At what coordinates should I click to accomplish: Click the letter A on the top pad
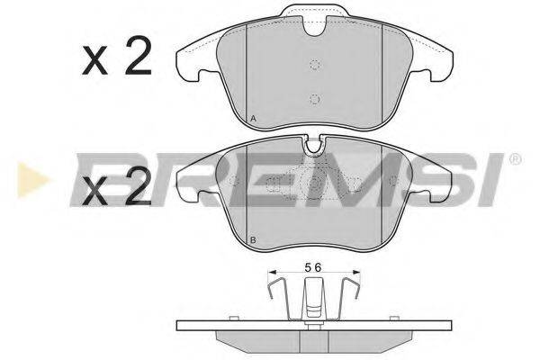(x=253, y=119)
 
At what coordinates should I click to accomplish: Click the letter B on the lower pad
(x=253, y=240)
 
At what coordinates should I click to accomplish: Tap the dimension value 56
(x=313, y=267)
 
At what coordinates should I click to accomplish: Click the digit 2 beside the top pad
(x=138, y=56)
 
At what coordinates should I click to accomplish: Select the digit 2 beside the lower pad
(x=138, y=186)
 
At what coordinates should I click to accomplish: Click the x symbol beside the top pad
(x=94, y=61)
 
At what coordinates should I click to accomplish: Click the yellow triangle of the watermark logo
(x=32, y=179)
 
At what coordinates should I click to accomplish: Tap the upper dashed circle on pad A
(x=315, y=64)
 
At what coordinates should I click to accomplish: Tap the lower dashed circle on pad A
(x=314, y=100)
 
